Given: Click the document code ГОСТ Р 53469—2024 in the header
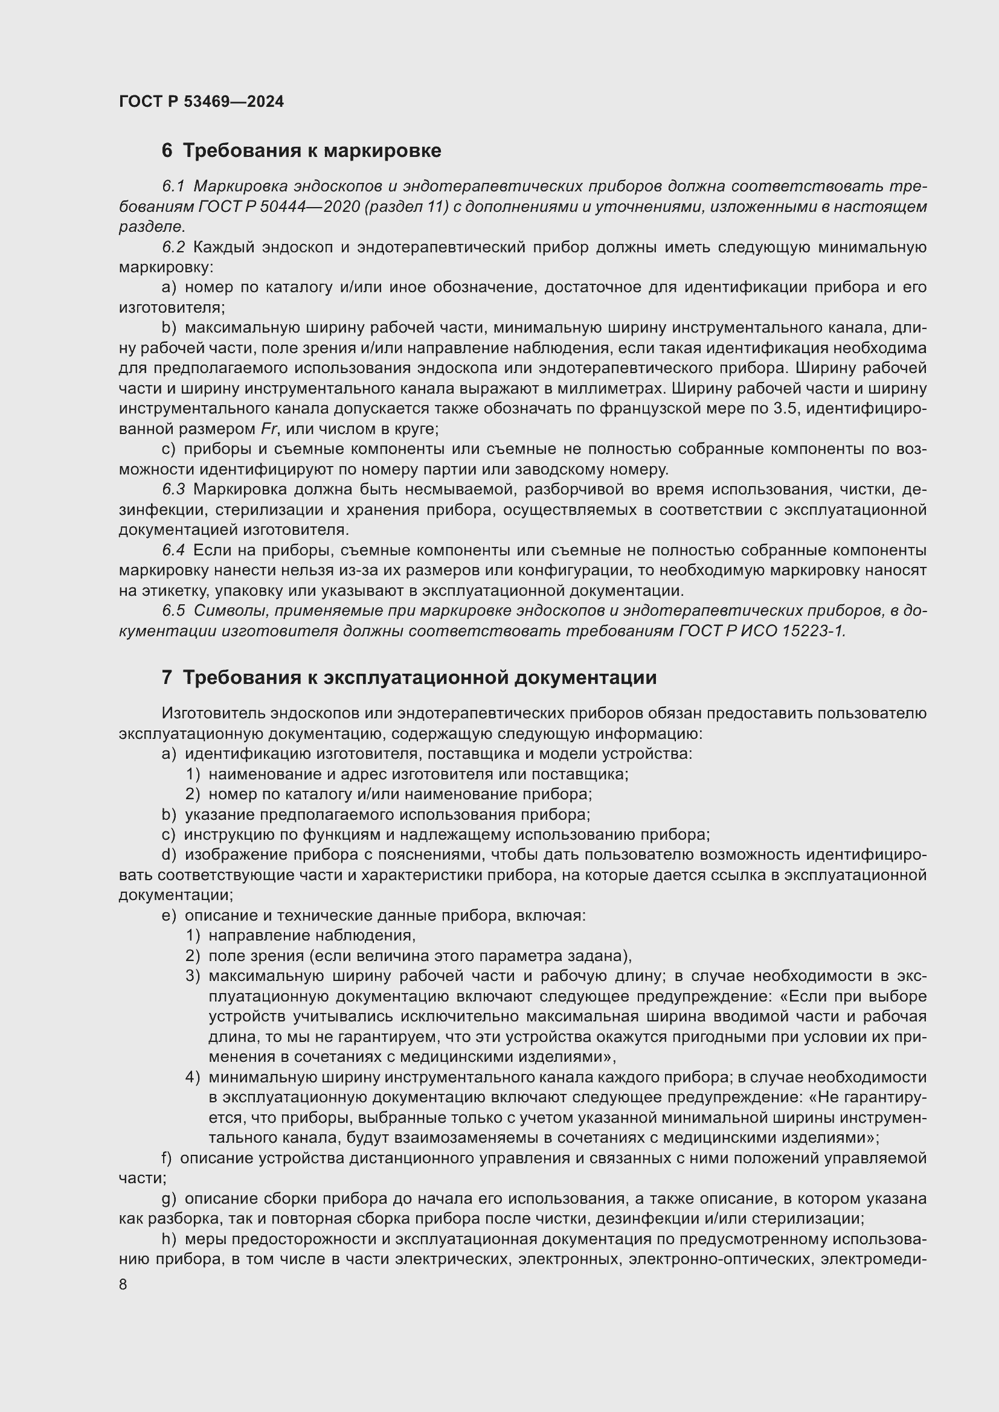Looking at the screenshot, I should click(201, 102).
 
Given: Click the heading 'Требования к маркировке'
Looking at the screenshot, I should click(312, 151).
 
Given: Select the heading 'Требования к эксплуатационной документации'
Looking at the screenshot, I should click(420, 678).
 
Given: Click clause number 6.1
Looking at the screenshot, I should click(173, 187).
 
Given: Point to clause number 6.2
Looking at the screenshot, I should click(173, 248).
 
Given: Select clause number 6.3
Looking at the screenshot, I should click(173, 490).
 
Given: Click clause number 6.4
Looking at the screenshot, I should click(173, 551).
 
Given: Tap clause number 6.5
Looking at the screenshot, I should click(173, 611).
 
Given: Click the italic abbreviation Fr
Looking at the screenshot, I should click(269, 429).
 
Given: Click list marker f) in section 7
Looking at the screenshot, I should click(166, 1158).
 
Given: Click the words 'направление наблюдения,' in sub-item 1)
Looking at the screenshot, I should click(312, 936).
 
